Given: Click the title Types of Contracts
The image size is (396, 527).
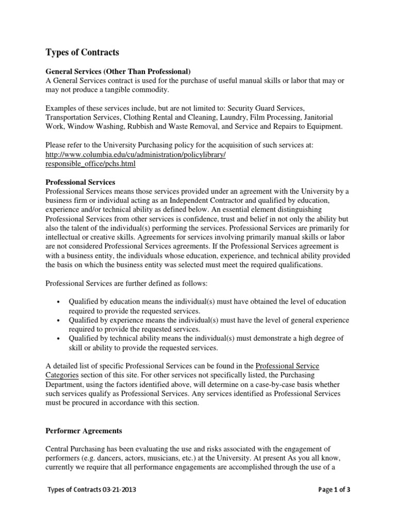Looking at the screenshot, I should (82, 52).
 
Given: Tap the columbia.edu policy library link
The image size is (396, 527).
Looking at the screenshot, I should (136, 155).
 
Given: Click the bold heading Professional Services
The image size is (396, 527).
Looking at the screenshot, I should (80, 182).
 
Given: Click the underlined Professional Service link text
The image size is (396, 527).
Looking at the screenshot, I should (287, 366).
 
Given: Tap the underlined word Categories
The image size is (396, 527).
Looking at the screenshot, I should (62, 376).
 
